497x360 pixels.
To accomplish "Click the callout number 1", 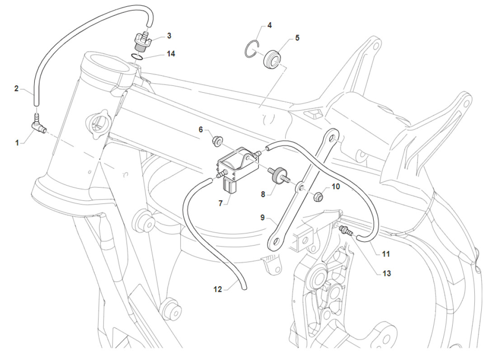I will tap(17, 142).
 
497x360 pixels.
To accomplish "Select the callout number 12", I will tap(218, 289).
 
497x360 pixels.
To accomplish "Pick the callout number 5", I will tap(297, 38).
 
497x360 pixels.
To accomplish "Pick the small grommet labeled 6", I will tap(216, 142).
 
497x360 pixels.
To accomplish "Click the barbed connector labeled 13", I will tap(347, 231).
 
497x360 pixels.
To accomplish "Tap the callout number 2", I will tap(16, 89).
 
